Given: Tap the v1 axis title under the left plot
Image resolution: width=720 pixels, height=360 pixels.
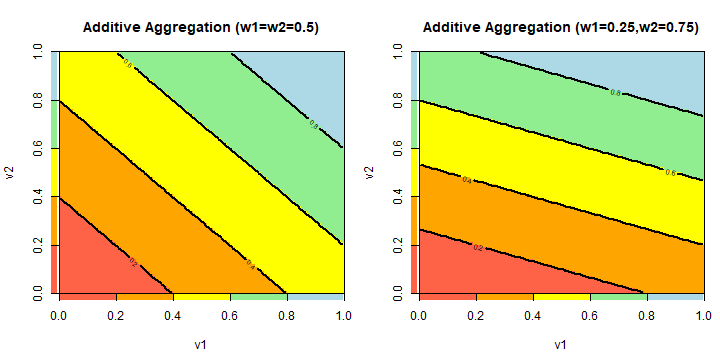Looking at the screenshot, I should pyautogui.click(x=200, y=345).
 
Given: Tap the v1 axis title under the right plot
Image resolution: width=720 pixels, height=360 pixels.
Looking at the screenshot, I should pyautogui.click(x=561, y=345).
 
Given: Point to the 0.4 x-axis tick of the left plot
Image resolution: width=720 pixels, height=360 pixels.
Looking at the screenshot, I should pyautogui.click(x=172, y=315).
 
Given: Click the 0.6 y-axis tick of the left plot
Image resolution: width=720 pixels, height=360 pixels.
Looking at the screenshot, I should pyautogui.click(x=38, y=147).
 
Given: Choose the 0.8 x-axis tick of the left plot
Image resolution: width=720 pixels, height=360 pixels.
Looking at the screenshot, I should pyautogui.click(x=287, y=315).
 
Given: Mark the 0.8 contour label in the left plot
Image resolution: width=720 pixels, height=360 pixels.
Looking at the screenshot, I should pyautogui.click(x=314, y=125).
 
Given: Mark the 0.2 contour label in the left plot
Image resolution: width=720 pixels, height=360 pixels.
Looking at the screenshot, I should pyautogui.click(x=133, y=263).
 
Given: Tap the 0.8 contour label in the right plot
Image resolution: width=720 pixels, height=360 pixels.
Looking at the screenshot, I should pyautogui.click(x=615, y=93).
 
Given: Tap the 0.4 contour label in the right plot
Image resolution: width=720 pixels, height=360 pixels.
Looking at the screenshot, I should pyautogui.click(x=465, y=180).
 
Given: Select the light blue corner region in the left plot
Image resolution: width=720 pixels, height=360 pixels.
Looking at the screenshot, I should pyautogui.click(x=315, y=75).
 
